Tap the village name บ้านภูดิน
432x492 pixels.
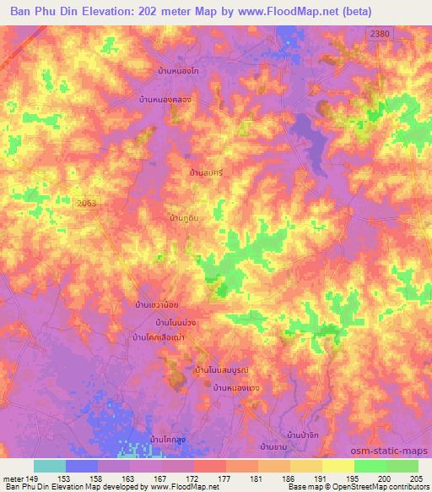[185, 218]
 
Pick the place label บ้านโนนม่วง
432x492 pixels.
[176, 323]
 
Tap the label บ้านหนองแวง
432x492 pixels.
[238, 387]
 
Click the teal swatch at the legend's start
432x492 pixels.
[50, 466]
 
